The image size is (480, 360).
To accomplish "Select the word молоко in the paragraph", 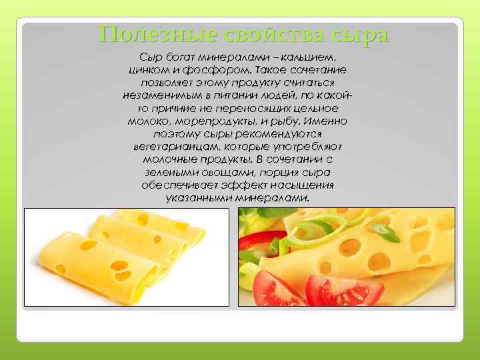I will (x=147, y=121).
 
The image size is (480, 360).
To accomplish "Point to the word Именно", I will (x=327, y=121).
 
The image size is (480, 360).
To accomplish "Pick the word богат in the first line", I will (x=181, y=57).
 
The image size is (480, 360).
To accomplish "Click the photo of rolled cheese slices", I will (x=127, y=257).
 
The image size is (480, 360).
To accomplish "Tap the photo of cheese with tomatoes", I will (x=346, y=257).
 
